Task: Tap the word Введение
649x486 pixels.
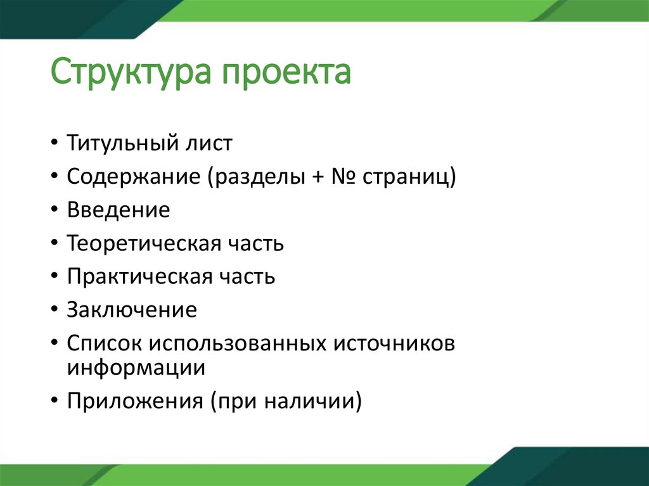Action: point(119,210)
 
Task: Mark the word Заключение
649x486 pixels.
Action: point(132,310)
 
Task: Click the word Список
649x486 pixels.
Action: point(105,343)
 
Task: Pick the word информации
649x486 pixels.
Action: point(136,368)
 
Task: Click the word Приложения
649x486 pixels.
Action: point(134,402)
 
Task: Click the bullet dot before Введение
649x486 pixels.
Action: point(55,211)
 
